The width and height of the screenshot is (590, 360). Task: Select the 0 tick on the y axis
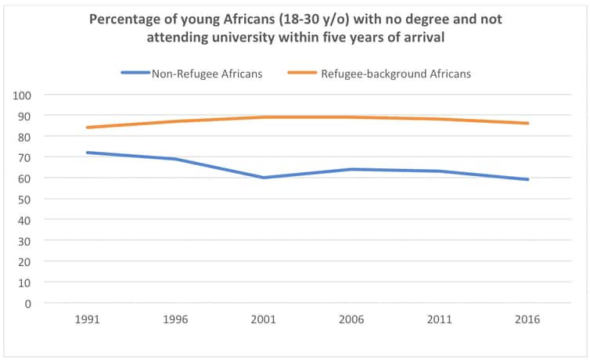27,303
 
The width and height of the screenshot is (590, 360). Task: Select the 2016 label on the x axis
528,320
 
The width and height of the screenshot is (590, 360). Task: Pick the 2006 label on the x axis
351,320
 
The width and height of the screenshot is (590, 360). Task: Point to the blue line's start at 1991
87,153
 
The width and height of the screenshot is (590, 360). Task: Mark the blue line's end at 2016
528,179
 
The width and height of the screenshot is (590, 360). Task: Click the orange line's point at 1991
87,128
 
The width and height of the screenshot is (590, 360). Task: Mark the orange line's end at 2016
528,123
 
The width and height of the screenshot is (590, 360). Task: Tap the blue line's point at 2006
351,169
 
